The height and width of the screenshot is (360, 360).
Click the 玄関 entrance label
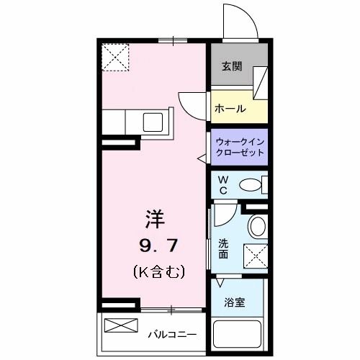231,66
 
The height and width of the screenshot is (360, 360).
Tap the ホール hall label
230,109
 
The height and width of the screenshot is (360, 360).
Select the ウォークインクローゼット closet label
240,147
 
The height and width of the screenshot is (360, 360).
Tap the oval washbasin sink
256,228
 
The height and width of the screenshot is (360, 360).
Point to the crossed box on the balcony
120,325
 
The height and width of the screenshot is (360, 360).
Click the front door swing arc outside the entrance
240,23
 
